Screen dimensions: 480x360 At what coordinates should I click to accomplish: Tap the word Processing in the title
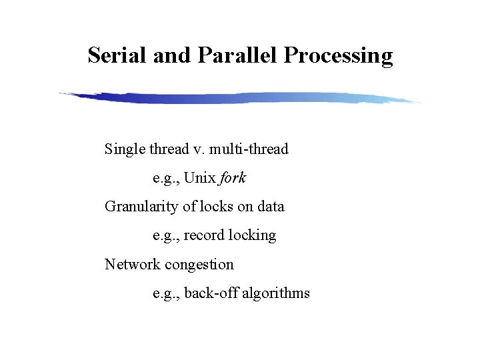(339, 56)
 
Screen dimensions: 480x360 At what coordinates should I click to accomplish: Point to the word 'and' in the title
(172, 55)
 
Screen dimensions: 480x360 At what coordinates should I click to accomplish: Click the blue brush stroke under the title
(240, 98)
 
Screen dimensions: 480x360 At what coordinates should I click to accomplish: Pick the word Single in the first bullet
(123, 149)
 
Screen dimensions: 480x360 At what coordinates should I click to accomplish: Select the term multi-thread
(251, 149)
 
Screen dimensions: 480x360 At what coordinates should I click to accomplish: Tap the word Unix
(200, 178)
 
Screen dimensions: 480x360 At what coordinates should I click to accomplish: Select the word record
(203, 235)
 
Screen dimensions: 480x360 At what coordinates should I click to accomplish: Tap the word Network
(133, 264)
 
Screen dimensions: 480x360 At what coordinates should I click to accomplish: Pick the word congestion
(199, 265)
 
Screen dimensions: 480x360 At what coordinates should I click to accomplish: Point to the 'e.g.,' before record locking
(166, 236)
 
